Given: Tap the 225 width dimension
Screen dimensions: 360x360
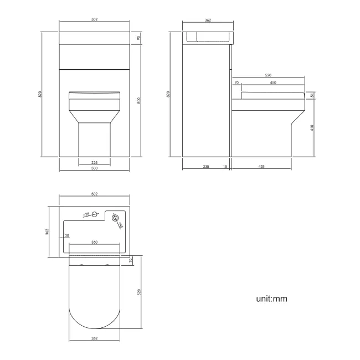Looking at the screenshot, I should coord(95,162).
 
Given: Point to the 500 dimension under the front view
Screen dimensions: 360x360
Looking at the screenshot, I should coord(95,168).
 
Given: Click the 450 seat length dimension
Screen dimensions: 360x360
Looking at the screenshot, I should coord(274,83).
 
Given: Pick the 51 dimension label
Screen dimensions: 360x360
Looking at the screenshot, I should coord(312,95).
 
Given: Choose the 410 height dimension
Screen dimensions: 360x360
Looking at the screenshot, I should coord(312,128).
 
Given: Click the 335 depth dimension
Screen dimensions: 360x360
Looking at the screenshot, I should coord(205,166).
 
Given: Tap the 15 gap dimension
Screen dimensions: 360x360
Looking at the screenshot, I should coord(225,166).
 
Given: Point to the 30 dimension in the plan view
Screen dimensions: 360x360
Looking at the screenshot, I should coord(67,236).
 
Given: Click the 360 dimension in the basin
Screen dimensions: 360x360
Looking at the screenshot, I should coord(95,242).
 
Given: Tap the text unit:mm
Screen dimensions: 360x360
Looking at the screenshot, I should coord(271,299).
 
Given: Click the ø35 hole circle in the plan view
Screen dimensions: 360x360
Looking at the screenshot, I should coord(95,214).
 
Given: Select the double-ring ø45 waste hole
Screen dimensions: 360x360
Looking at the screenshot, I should coord(115,218).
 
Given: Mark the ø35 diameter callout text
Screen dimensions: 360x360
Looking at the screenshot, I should coord(86,214).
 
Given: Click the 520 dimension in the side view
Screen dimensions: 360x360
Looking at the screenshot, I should coord(268,75).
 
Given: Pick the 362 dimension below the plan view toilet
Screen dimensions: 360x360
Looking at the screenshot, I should coord(94,338).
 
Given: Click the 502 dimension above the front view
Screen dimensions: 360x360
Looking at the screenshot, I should coord(95,20).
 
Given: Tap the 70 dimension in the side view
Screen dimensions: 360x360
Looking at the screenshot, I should coord(237,83).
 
